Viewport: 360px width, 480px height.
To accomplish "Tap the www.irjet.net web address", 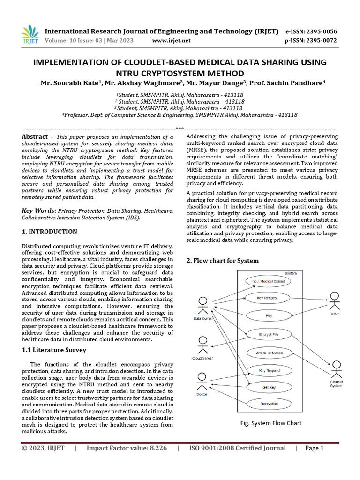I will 172,41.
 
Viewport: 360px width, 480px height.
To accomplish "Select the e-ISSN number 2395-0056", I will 321,31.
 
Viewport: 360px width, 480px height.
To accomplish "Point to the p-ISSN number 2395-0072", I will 321,41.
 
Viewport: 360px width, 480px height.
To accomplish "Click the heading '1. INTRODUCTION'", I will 50,232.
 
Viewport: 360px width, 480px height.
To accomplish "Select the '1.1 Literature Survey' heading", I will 55,350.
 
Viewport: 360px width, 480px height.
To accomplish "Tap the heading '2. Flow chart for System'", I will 222,260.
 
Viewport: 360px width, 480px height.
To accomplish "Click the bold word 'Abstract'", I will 35,136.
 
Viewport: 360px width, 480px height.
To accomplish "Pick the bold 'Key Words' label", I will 39,210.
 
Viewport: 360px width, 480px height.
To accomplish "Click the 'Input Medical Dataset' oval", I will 269,281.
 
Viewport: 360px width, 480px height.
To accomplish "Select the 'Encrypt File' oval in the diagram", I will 269,335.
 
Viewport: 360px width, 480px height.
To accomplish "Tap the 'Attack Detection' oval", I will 269,353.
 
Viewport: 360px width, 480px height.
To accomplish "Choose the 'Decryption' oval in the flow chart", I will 269,404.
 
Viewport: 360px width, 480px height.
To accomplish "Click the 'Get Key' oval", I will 269,388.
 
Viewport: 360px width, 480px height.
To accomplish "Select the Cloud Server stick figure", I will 202,345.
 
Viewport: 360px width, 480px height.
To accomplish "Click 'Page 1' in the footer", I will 315,448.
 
